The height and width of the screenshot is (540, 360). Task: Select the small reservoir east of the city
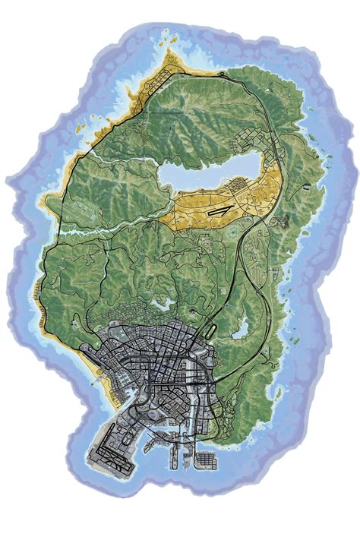(x=242, y=328)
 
